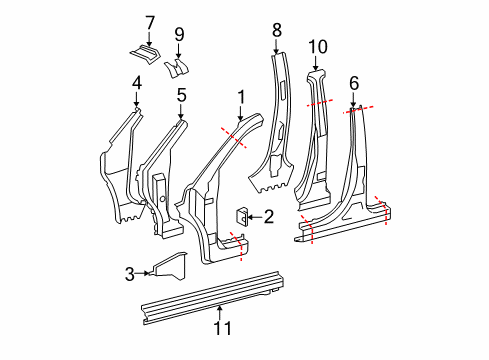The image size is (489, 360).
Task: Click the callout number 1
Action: pos(239,97)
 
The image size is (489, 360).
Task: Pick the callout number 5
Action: pos(181,95)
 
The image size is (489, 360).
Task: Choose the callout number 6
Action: pos(353,85)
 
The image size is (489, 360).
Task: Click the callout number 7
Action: pos(150,22)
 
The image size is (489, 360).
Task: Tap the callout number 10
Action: pos(317,45)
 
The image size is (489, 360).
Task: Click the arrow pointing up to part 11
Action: pos(221,311)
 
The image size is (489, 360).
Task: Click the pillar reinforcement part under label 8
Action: pos(275,130)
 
